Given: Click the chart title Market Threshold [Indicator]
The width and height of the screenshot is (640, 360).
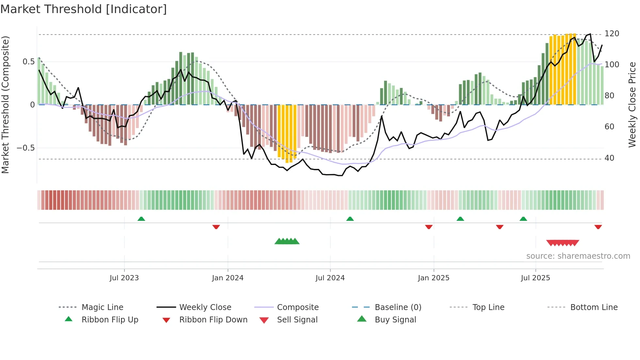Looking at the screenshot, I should pos(84,9).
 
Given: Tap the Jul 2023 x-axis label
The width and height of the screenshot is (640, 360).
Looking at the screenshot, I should pos(124,278).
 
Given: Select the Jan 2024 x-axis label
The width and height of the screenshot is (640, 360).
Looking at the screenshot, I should pos(228,278).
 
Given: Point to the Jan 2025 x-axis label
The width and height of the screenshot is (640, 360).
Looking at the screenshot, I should pos(434,278).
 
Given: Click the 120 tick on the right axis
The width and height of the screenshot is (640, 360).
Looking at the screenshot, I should pos(612,34).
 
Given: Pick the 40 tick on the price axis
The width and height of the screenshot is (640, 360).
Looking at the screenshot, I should pos(609,158).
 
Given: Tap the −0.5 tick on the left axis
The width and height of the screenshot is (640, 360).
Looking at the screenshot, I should pos(26,148).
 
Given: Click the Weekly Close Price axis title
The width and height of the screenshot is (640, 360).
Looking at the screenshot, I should pos(632,105).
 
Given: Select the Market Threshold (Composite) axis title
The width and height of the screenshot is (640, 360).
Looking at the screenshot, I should pos(5,105).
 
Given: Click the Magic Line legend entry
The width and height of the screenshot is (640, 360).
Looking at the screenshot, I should pos(102,307).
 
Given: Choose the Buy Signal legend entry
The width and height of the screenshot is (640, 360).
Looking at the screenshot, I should pos(395,320).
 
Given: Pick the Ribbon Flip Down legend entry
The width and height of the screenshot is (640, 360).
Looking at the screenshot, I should pos(213,320).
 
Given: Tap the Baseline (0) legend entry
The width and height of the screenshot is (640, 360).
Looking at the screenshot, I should pos(398,307).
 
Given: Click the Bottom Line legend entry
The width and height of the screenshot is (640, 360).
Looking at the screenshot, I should pos(594,307).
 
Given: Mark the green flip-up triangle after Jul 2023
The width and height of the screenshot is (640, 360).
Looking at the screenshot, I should pos(141,219).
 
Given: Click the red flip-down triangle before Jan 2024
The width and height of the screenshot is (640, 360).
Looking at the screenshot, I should pos(216,227).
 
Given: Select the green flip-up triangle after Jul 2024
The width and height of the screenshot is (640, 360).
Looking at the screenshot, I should pos(350,219).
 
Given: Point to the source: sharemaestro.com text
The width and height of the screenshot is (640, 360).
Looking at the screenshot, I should pos(578,256).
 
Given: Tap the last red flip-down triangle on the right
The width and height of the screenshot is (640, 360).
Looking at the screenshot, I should pos(598,227).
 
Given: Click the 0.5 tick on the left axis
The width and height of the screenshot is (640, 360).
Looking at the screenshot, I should pos(28,62).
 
